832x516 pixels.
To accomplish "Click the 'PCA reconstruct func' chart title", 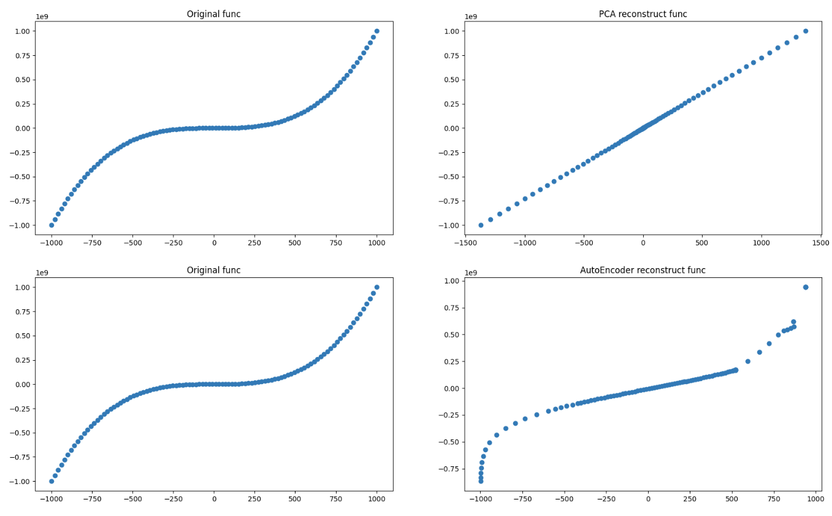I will [x=643, y=14].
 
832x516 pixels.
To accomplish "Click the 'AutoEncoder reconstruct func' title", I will [x=643, y=270].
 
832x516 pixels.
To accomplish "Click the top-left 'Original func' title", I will [x=213, y=14].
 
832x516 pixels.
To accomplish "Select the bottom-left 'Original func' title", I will [x=213, y=270].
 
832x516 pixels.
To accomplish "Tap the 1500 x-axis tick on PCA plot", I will [x=820, y=243].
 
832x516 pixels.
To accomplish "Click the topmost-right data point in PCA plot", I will [x=805, y=31].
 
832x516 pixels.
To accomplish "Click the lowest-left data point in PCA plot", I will [x=481, y=225].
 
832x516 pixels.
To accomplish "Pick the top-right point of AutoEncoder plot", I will [x=805, y=287].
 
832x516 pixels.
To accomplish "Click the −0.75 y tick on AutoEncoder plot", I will [x=449, y=469].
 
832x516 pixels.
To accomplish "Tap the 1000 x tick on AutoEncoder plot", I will [x=815, y=499].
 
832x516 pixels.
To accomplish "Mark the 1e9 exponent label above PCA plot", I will [x=471, y=17].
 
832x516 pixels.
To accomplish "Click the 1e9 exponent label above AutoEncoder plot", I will [x=471, y=272].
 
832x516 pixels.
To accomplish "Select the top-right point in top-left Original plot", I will [x=376, y=31].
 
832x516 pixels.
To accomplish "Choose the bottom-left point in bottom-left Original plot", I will [x=52, y=481].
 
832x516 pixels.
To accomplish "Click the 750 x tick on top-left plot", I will [x=336, y=243].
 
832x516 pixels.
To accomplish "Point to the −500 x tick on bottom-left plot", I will [x=132, y=499].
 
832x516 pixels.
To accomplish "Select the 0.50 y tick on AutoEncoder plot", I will [x=451, y=334].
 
